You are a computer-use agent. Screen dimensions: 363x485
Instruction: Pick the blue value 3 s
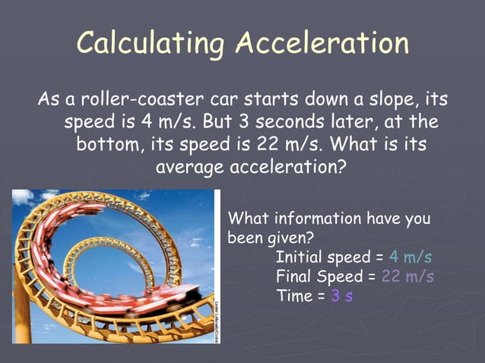[341, 296]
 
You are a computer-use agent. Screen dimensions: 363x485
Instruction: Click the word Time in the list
[294, 296]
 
